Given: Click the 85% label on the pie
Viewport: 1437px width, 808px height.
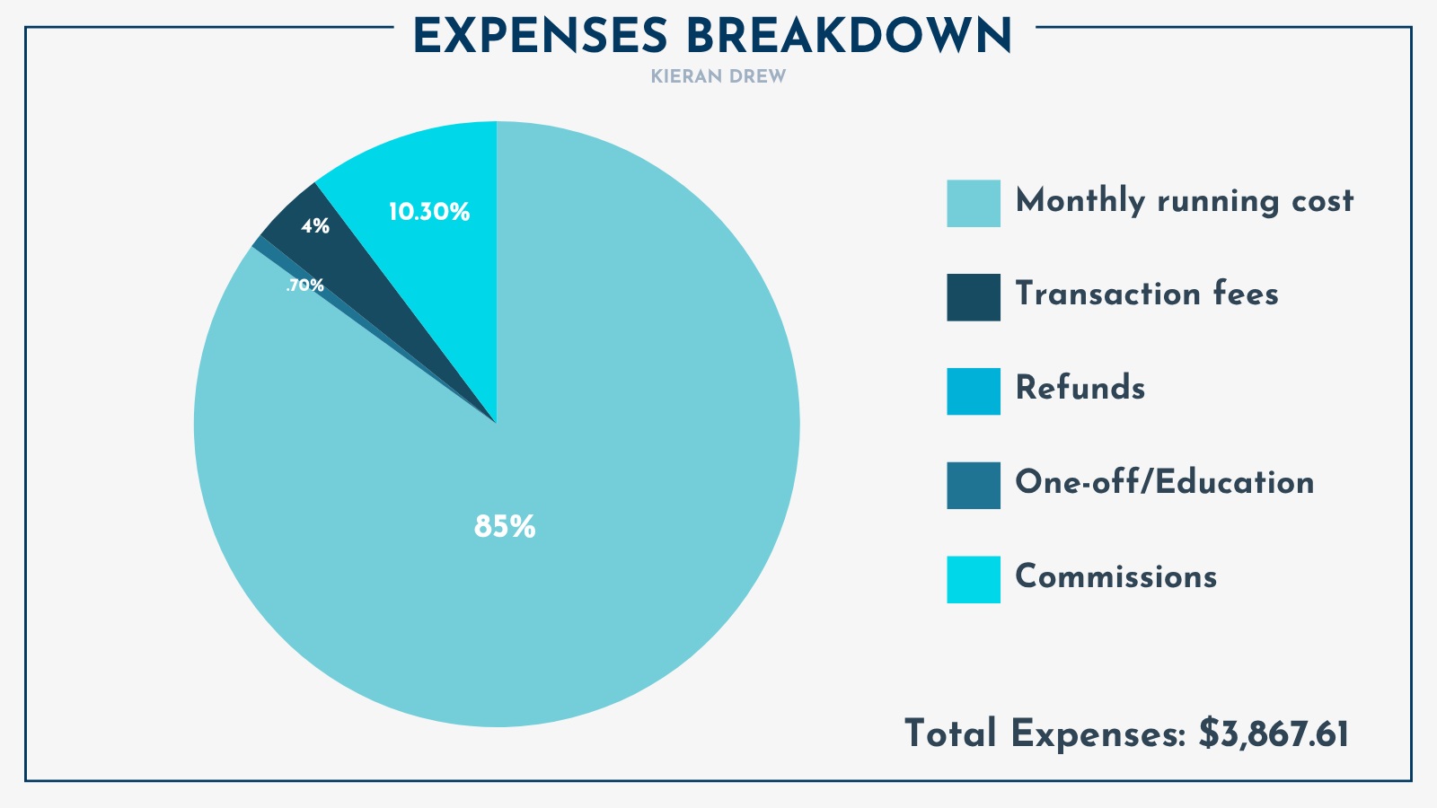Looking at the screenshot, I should coord(505,527).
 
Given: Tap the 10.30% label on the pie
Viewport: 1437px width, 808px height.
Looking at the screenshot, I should coord(428,213).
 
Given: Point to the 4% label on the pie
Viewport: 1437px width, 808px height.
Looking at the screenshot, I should coord(314,227).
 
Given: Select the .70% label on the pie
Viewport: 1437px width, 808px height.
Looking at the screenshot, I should coord(304,285).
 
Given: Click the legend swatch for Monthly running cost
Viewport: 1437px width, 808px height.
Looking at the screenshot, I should coord(974,203).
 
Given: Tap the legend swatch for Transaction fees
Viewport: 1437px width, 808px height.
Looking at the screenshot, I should coord(974,297).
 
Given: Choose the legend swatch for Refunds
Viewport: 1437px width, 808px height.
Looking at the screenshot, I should coord(974,391).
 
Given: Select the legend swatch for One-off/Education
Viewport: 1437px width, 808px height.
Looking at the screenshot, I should coord(974,486).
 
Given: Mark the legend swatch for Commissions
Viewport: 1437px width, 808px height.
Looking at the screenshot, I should coord(974,580).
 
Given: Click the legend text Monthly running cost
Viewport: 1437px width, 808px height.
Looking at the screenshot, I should coord(1184,201).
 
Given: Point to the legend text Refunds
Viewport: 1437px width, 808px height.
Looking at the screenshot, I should coord(1080,389).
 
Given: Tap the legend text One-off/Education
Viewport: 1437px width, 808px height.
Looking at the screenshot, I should coord(1164,483).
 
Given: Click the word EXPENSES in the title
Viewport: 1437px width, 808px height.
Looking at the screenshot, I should coord(541,37).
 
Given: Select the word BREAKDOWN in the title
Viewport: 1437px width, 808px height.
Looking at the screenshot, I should coord(849,37).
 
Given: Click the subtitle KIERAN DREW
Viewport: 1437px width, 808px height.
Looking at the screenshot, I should coord(718,77).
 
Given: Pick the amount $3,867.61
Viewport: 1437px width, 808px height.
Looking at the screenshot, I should coord(1274,734).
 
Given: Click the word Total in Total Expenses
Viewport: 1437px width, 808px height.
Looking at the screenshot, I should coord(950,734).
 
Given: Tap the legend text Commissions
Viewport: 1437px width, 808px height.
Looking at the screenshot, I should coord(1115,576).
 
